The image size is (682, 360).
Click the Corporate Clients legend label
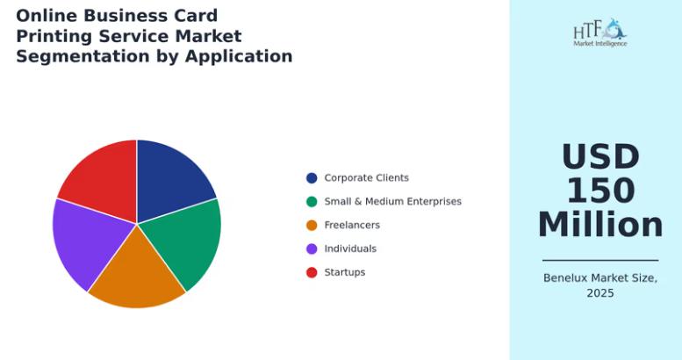(x=367, y=178)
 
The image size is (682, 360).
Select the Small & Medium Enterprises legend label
(x=392, y=202)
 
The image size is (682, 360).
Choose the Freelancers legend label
(x=352, y=225)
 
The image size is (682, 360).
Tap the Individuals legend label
(x=350, y=248)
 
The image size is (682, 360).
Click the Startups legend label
(x=345, y=272)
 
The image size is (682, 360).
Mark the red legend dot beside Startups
(x=312, y=272)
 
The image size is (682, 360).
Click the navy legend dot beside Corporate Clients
(x=312, y=178)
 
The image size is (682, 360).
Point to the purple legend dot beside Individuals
(x=312, y=249)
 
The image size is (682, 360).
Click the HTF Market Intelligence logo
(x=600, y=32)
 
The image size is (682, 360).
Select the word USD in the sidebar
(x=600, y=156)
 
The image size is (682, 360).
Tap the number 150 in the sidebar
(x=600, y=191)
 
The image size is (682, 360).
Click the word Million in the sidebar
(x=600, y=225)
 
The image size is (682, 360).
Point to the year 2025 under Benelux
(x=600, y=293)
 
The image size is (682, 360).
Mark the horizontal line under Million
(x=600, y=260)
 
